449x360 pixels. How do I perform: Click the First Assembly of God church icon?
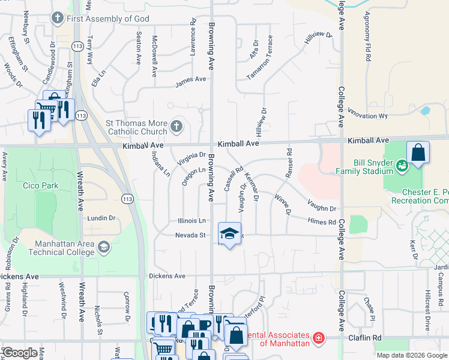tap(58, 19)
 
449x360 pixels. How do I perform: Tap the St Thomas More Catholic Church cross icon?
tap(176, 127)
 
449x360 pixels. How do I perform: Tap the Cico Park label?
tap(41, 185)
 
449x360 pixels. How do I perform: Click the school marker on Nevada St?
tap(229, 235)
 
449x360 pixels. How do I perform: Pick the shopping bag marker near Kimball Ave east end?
tap(418, 153)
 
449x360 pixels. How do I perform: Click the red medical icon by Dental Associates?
tap(318, 338)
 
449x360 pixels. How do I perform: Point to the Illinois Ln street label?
tap(191, 221)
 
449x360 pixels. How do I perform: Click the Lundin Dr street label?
tap(101, 219)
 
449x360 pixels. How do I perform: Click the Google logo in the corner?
tap(20, 353)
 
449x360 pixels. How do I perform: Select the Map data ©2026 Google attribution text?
tap(411, 355)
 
